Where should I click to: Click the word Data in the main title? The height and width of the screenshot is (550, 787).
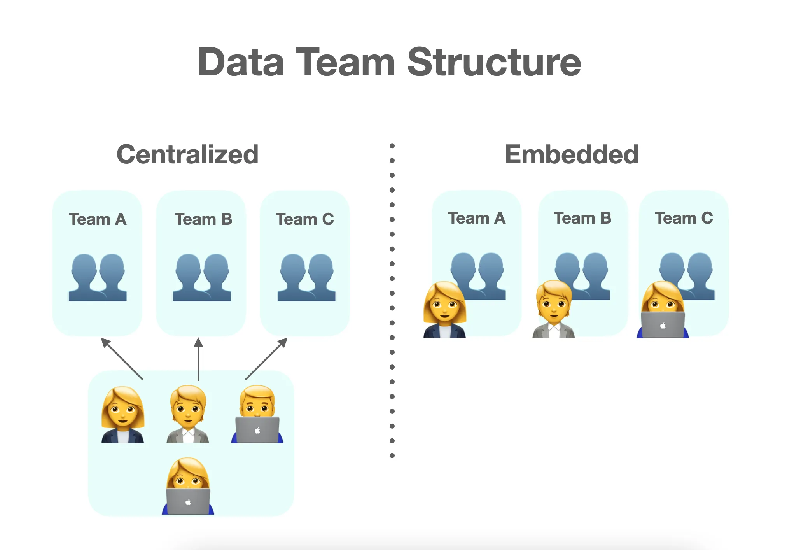click(x=241, y=62)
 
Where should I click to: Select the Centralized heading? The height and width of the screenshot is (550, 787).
click(x=187, y=154)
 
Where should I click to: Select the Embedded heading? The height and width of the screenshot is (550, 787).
click(x=571, y=154)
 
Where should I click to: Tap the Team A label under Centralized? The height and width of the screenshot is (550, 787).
click(x=98, y=219)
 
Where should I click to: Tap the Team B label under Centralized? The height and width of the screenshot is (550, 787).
click(x=203, y=219)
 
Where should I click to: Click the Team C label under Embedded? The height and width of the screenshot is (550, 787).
click(x=684, y=218)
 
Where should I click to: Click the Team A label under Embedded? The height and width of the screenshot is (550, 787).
click(x=477, y=218)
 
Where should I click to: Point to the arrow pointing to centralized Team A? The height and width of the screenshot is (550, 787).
click(x=121, y=358)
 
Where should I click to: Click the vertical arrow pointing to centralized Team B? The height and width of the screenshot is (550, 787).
click(x=198, y=358)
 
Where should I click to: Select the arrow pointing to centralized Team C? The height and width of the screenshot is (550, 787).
click(x=266, y=358)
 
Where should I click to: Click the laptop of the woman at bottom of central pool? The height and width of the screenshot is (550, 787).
click(x=188, y=501)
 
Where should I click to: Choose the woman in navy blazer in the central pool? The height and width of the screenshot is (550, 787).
click(x=122, y=415)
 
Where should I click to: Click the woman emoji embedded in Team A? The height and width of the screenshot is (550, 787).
click(x=444, y=309)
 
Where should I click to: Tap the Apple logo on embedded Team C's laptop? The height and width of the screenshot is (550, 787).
click(x=663, y=326)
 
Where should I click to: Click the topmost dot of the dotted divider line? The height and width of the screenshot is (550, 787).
click(x=392, y=146)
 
